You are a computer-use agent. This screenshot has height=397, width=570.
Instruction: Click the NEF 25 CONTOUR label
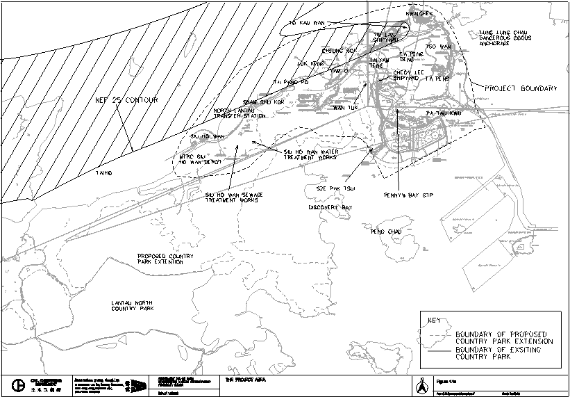(x=126, y=100)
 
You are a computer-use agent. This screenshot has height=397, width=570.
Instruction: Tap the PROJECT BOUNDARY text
(x=521, y=89)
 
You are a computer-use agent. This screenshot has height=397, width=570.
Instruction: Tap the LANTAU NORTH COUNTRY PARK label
(x=142, y=306)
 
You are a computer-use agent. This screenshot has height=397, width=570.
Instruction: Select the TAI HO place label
(x=104, y=172)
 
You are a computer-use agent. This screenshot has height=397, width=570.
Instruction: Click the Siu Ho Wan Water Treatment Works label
(x=310, y=154)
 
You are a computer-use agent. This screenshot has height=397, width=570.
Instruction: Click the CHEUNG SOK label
(x=339, y=51)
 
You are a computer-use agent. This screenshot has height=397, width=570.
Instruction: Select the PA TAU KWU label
(x=442, y=113)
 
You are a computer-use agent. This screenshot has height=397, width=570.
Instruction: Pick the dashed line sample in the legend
(x=439, y=335)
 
